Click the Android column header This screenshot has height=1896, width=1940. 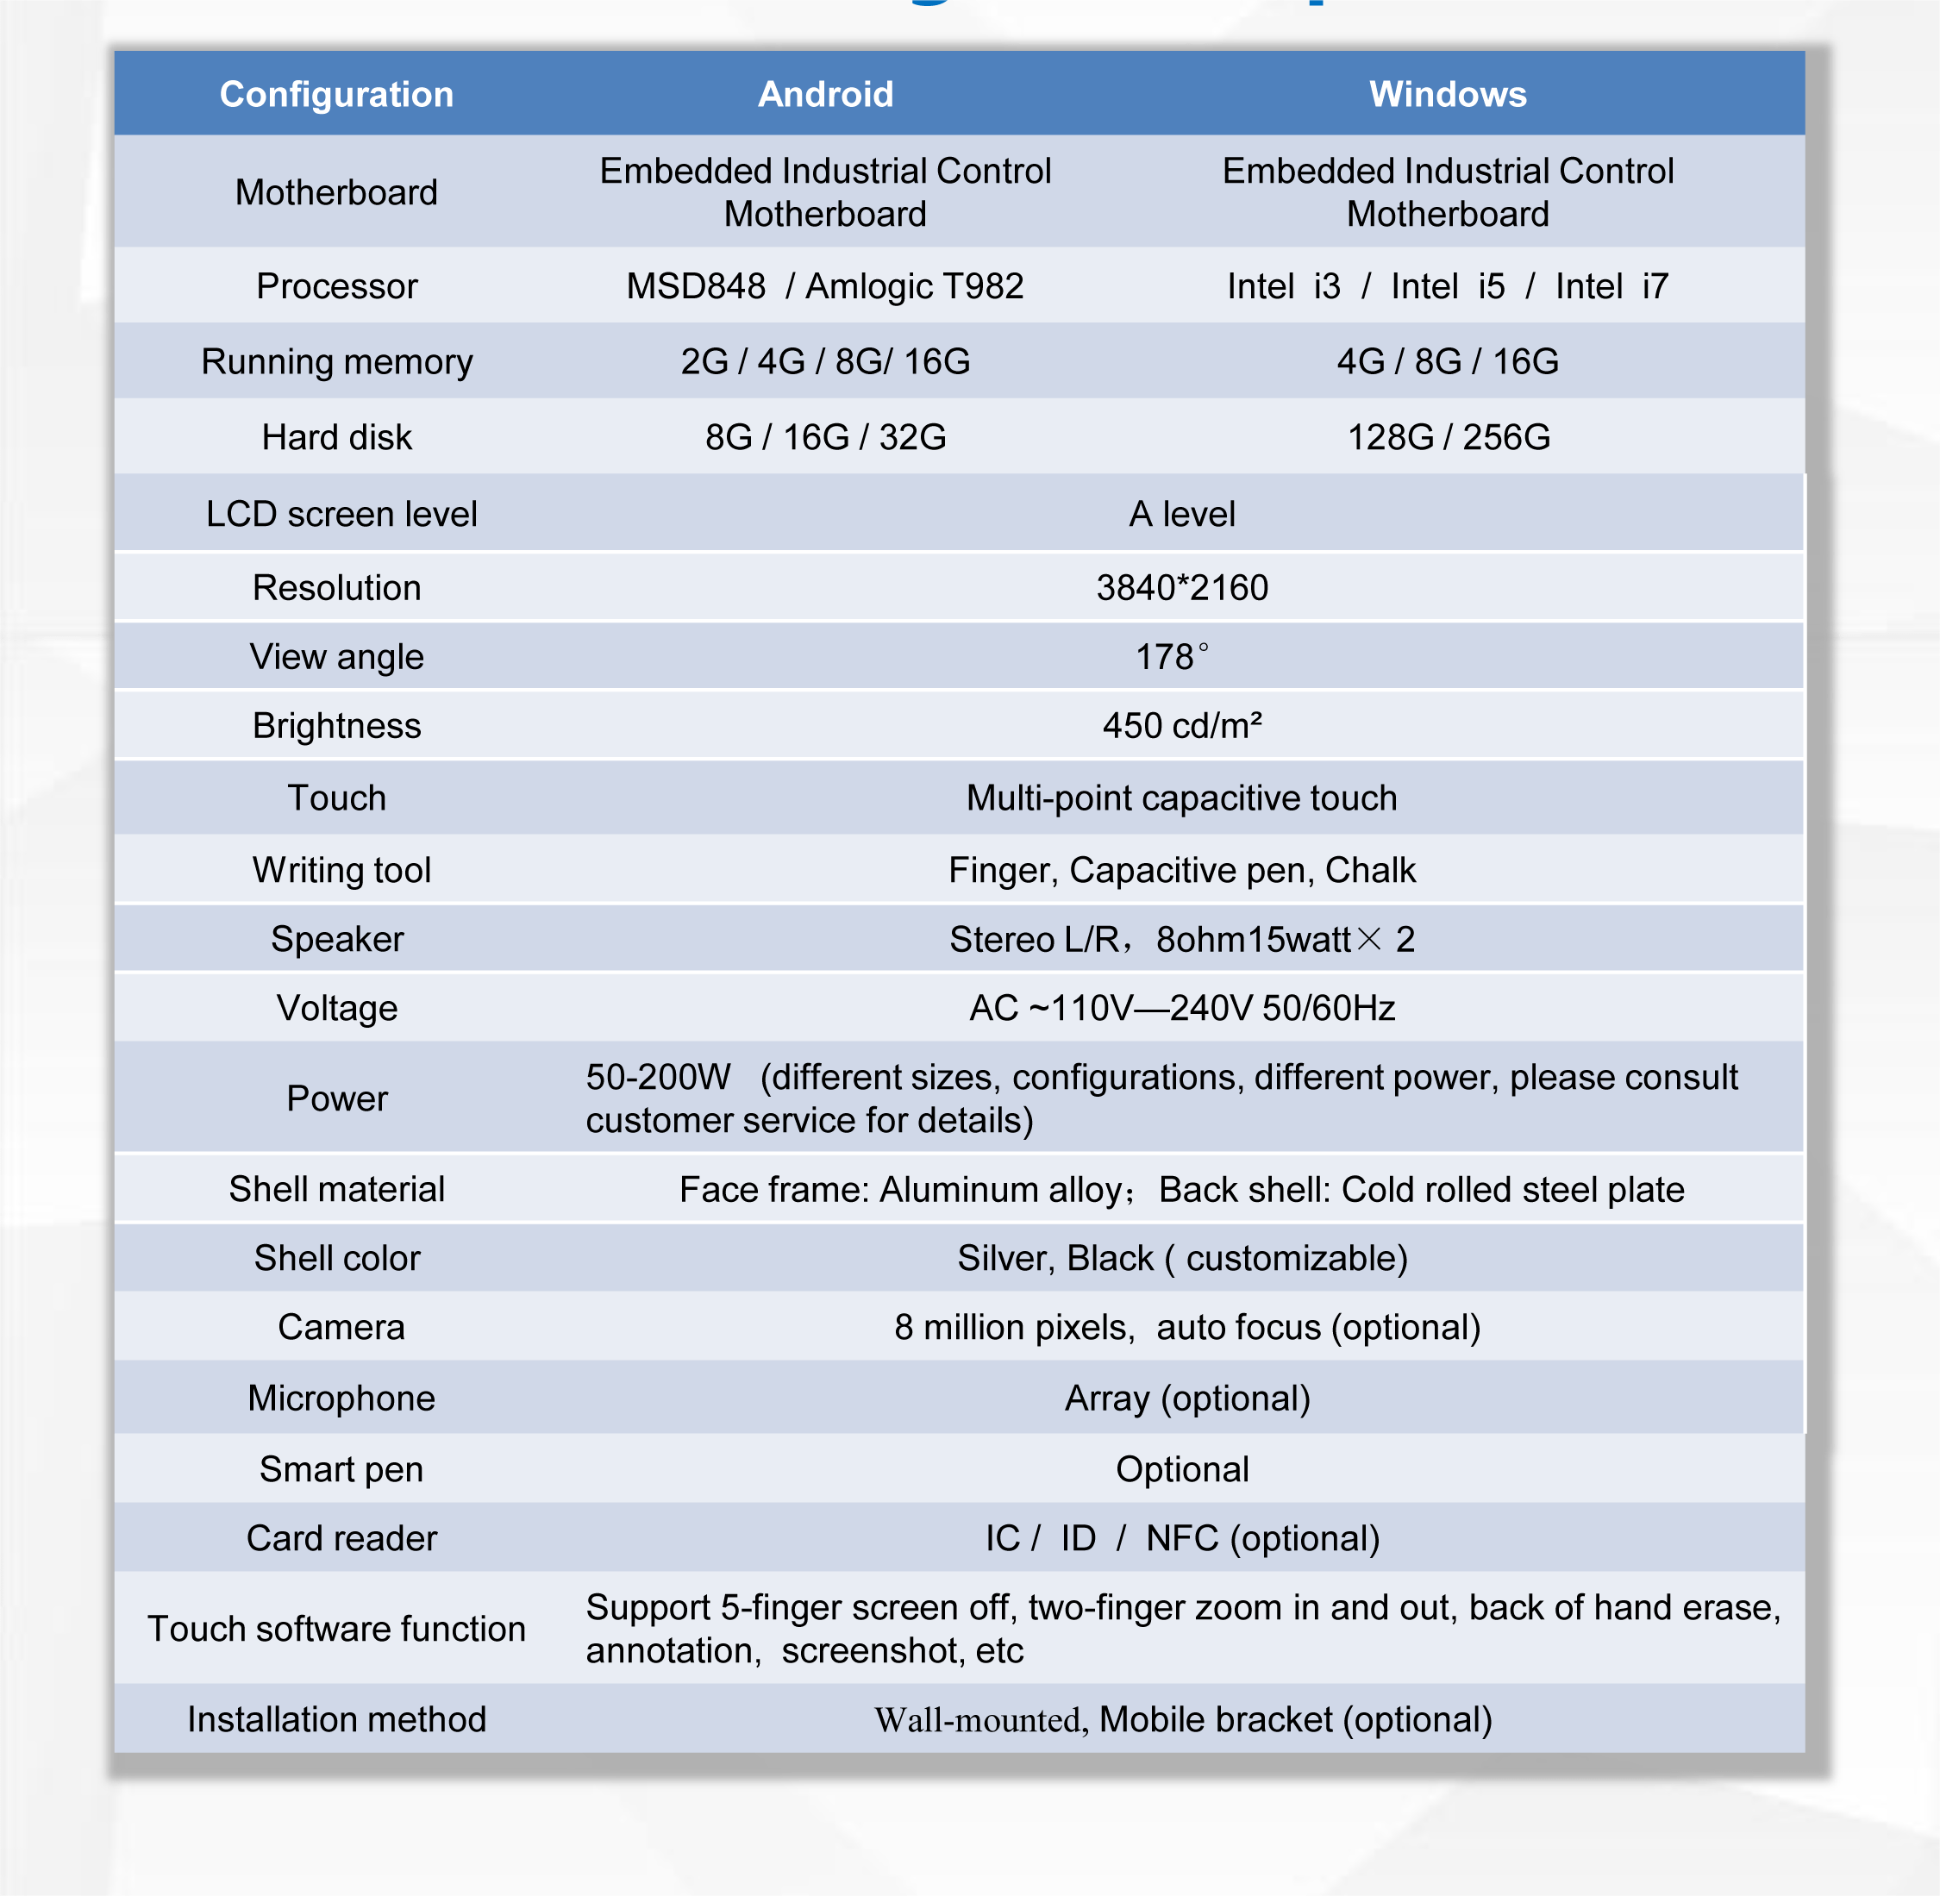pyautogui.click(x=826, y=95)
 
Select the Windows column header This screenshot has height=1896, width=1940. pyautogui.click(x=1447, y=95)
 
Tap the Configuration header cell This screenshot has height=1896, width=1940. pyautogui.click(x=336, y=95)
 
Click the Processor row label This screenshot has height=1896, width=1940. pyautogui.click(x=336, y=287)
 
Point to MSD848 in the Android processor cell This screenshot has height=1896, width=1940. pyautogui.click(x=695, y=287)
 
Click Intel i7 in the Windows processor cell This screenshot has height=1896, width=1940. pyautogui.click(x=1611, y=287)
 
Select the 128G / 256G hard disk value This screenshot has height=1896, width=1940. pyautogui.click(x=1448, y=437)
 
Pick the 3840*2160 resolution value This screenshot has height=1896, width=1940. pyautogui.click(x=1182, y=587)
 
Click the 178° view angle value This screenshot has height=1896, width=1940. pyautogui.click(x=1172, y=657)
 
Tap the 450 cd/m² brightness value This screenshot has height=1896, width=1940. pyautogui.click(x=1182, y=726)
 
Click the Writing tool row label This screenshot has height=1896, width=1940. pyautogui.click(x=341, y=870)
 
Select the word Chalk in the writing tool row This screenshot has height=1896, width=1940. pyautogui.click(x=1369, y=870)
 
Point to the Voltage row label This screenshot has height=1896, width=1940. pyautogui.click(x=336, y=1009)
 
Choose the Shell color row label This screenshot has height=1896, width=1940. pyautogui.click(x=336, y=1259)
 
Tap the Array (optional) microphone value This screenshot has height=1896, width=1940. pyautogui.click(x=1187, y=1399)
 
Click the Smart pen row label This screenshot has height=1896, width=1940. pyautogui.click(x=341, y=1470)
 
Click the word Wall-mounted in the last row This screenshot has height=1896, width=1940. pyautogui.click(x=977, y=1721)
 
